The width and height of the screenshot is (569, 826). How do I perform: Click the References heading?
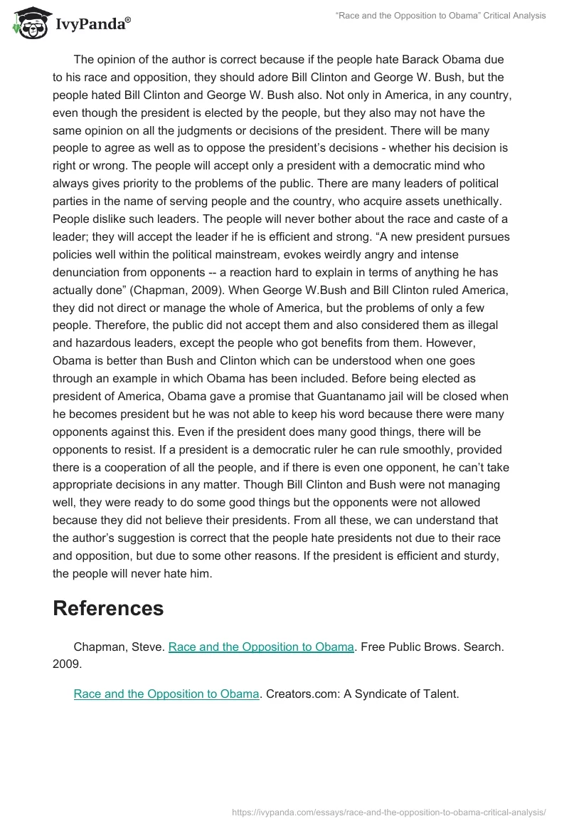(x=108, y=607)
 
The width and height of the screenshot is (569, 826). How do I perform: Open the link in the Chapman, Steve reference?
(x=261, y=647)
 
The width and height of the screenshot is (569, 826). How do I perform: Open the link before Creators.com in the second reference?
(x=166, y=693)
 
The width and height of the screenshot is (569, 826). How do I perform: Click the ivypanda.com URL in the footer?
(x=389, y=811)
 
